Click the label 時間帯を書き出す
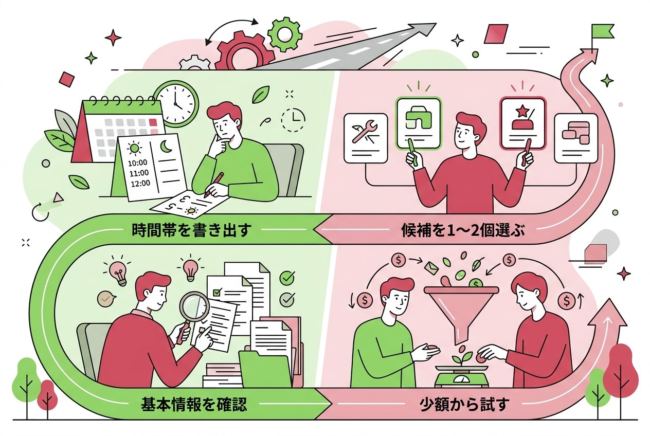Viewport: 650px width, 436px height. tap(191, 230)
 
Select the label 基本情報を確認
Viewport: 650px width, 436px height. tap(194, 404)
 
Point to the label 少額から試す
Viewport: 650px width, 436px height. tap(464, 404)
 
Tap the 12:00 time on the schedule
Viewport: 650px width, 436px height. tap(140, 184)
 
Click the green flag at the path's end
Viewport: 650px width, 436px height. tap(603, 31)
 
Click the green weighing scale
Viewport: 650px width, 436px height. tap(462, 376)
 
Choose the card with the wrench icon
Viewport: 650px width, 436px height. tap(366, 138)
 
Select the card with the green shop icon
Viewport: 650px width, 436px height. tap(419, 123)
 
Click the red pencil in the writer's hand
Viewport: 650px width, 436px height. tap(213, 185)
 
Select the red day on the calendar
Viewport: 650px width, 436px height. tap(152, 122)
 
